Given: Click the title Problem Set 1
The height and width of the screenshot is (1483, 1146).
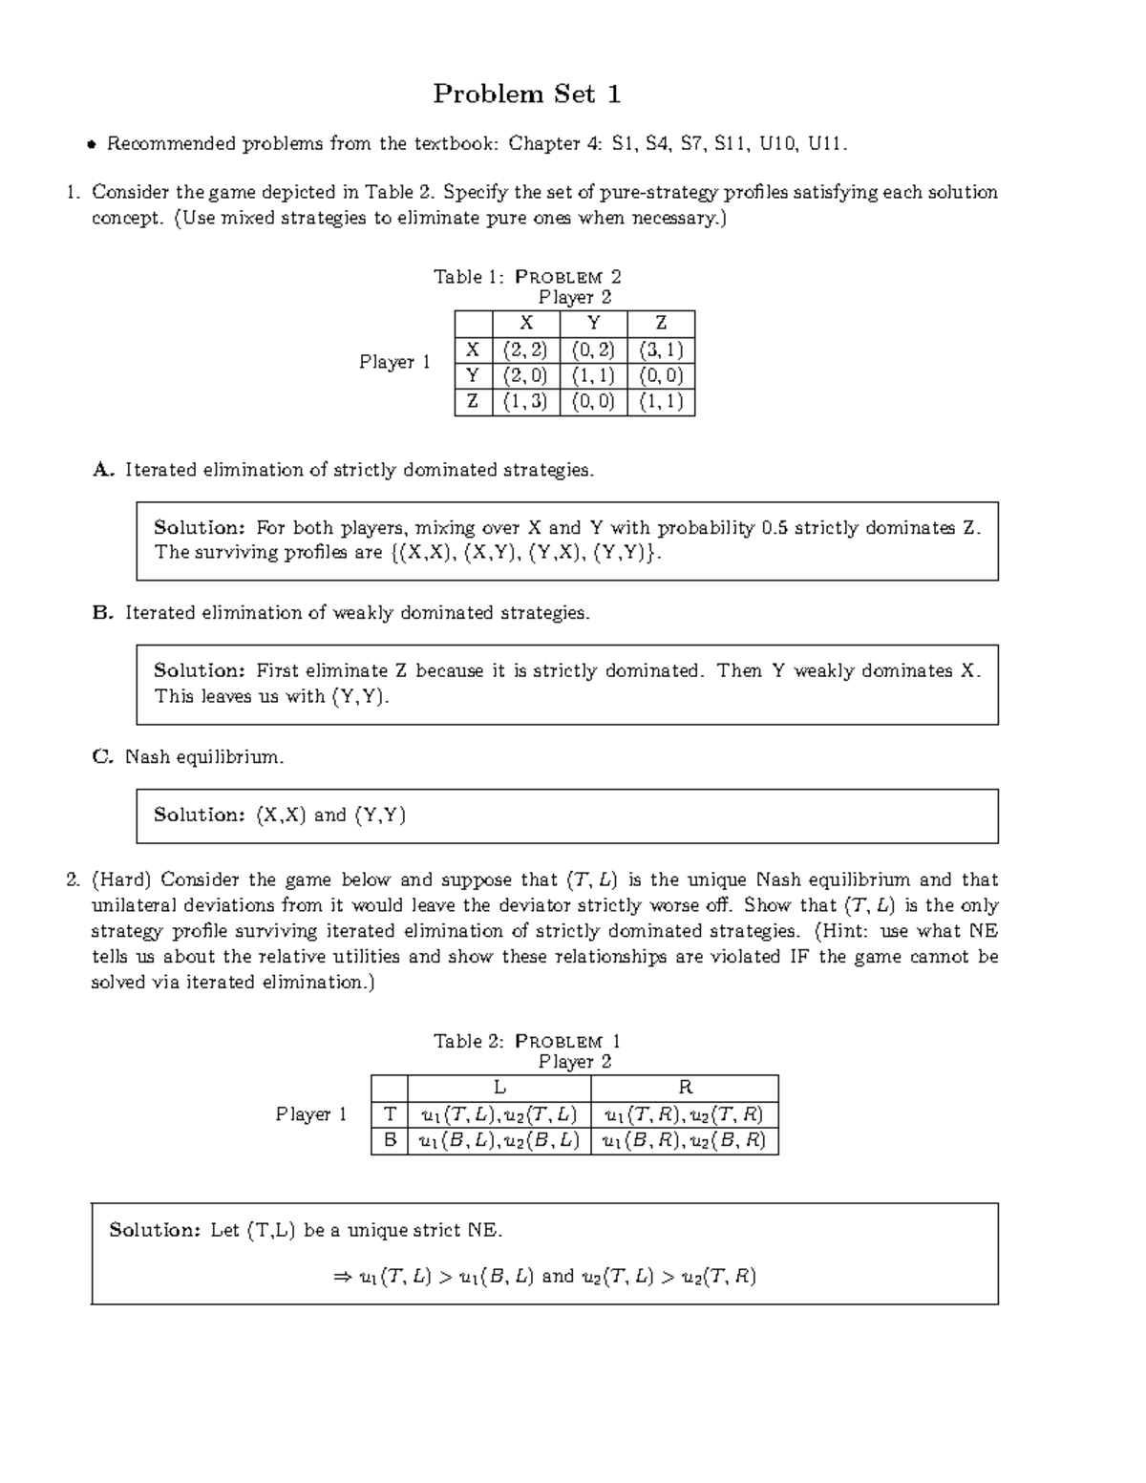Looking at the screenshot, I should click(527, 94).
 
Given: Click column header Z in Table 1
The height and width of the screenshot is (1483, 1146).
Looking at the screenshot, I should click(661, 324).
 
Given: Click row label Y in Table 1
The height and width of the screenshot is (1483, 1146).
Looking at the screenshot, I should click(473, 375).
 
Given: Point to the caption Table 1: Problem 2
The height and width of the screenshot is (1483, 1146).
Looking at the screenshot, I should click(527, 277).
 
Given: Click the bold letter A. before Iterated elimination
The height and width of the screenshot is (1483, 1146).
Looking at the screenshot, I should click(103, 470).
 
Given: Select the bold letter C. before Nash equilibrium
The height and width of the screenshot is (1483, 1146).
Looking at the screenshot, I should click(102, 757).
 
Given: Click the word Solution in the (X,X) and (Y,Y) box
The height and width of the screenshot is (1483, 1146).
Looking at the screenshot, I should click(200, 815).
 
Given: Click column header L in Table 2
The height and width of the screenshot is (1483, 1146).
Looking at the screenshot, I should click(499, 1088).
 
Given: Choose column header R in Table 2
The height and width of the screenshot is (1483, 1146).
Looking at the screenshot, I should click(685, 1088).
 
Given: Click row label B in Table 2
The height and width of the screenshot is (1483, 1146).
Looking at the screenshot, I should click(389, 1140).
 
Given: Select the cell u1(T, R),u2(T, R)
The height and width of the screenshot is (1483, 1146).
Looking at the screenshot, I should click(685, 1114).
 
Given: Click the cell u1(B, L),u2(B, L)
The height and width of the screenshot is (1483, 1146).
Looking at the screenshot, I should click(499, 1140).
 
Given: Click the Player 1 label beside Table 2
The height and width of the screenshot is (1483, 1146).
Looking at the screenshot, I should click(311, 1114).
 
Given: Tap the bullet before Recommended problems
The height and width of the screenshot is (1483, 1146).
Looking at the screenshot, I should click(92, 145).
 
